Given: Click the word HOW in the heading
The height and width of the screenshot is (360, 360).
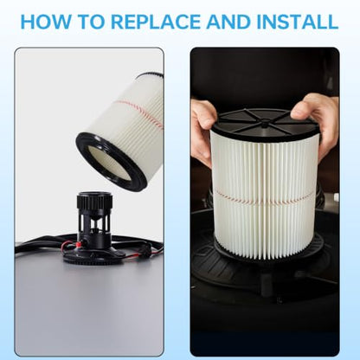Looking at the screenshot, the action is pyautogui.click(x=46, y=22).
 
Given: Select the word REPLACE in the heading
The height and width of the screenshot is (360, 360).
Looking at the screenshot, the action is pyautogui.click(x=156, y=22).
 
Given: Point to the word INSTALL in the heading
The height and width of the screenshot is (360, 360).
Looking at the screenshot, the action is pyautogui.click(x=297, y=22).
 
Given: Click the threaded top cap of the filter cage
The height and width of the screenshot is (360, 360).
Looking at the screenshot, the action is pyautogui.click(x=93, y=200).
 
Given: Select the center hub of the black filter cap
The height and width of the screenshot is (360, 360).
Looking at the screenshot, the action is pyautogui.click(x=264, y=125).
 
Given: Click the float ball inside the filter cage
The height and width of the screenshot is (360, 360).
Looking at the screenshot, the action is pyautogui.click(x=93, y=231).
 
